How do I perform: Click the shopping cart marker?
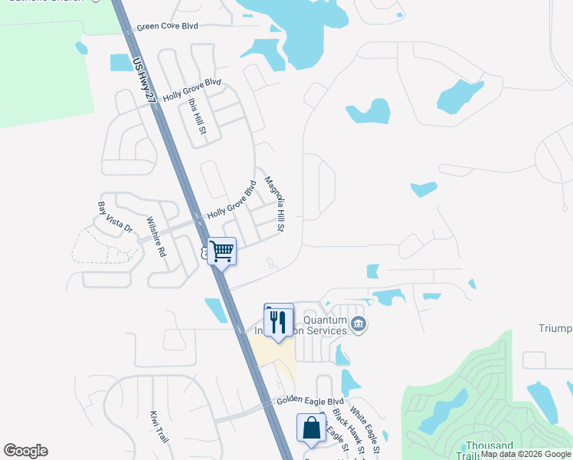221,251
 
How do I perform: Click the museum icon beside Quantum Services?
358,326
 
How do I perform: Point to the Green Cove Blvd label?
167,26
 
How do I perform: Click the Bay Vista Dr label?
115,218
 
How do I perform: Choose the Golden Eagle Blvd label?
310,401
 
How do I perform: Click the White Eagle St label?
365,428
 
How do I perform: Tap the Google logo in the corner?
25,451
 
